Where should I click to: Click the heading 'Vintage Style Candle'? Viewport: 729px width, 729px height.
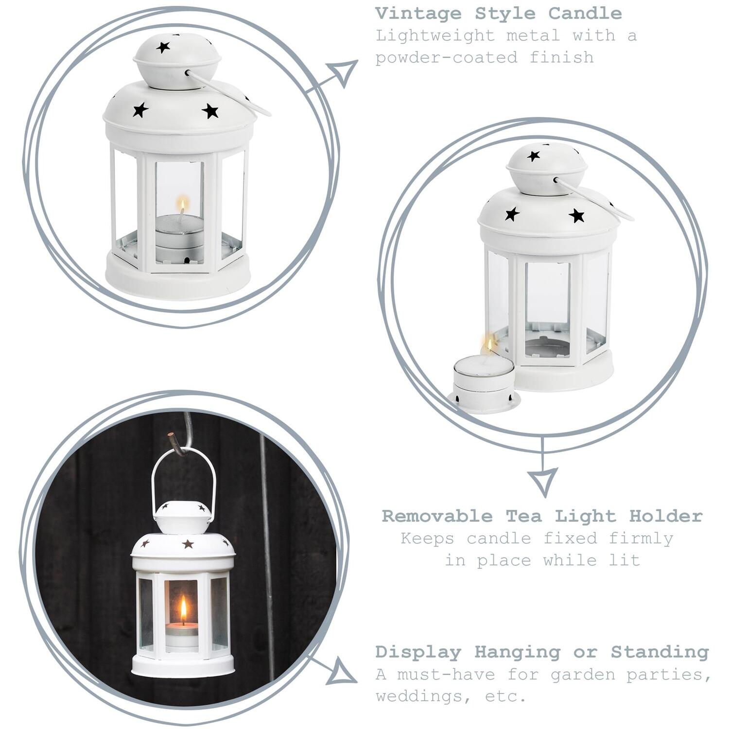point(499,14)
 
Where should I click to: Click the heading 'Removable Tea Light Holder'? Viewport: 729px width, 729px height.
point(542,516)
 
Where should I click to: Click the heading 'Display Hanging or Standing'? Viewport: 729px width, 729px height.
point(542,652)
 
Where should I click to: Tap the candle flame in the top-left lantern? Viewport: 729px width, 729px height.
point(182,204)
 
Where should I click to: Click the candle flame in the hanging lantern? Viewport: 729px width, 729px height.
point(183,610)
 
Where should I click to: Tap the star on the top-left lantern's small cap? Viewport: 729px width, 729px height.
point(163,47)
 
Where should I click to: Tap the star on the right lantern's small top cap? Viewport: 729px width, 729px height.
point(534,156)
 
